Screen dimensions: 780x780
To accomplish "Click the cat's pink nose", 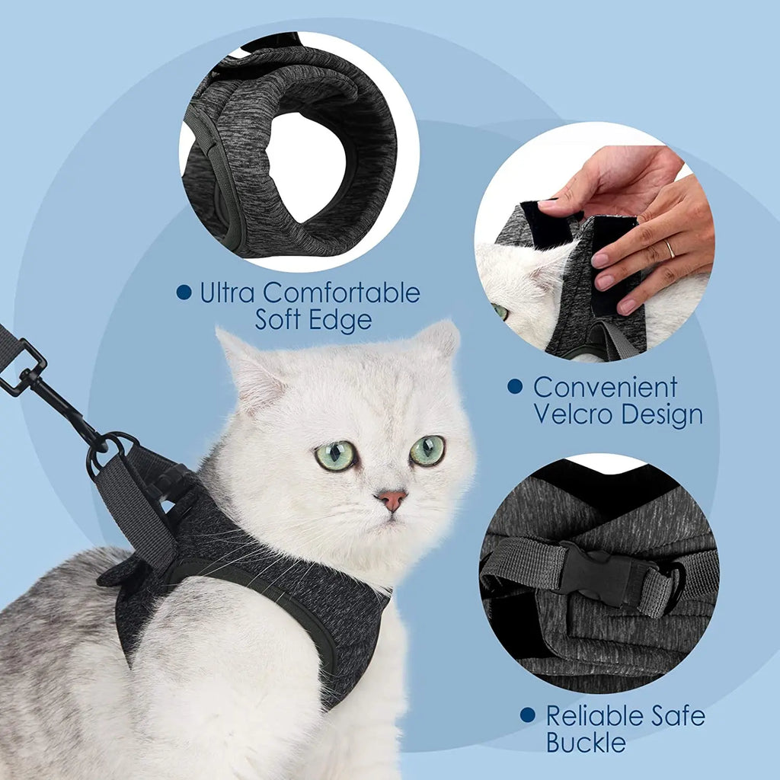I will coord(392,500).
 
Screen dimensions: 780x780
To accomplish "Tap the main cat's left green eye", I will coord(336,456).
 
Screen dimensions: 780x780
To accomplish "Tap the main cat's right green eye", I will coord(427,450).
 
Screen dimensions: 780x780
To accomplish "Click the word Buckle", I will coord(586,743).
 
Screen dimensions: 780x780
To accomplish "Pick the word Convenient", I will coord(605,387).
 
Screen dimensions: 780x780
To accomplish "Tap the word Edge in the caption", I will coord(343,319).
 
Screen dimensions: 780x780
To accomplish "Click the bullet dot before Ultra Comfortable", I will coord(184,292).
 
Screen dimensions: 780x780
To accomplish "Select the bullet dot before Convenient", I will coord(515,387).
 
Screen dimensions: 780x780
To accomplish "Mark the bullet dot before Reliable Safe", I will coord(528,715).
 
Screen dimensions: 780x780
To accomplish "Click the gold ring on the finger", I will coord(669,248).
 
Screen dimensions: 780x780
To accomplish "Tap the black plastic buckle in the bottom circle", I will coord(597,571).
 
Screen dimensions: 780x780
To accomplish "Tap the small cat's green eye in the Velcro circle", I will coord(500,311).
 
